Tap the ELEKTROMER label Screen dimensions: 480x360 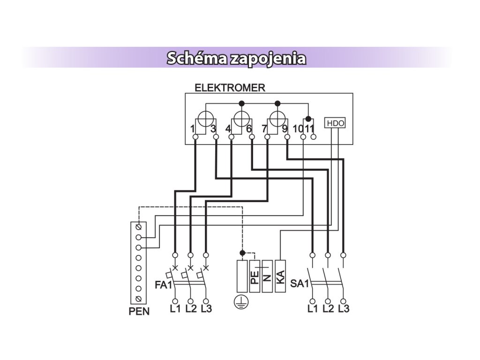point(230,88)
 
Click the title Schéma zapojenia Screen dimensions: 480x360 point(236,58)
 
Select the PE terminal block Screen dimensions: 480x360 point(255,276)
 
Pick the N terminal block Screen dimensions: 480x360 point(267,276)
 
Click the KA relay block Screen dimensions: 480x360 point(280,276)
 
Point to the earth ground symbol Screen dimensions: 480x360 point(241,302)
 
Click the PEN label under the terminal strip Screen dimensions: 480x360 point(139,311)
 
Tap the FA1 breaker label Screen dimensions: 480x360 point(164,285)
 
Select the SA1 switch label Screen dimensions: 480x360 point(300,284)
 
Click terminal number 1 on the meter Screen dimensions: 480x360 point(192,129)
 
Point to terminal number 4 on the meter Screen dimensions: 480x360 point(228,129)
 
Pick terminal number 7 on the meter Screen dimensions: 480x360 point(264,129)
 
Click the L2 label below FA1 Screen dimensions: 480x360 point(191,308)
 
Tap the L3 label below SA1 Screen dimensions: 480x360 point(344,308)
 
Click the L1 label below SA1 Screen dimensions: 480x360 point(313,308)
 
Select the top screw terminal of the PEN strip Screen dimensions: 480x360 point(138,227)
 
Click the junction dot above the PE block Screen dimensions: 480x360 point(242,253)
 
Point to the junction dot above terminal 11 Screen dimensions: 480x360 point(308,119)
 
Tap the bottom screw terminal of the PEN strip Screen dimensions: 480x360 point(138,299)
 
